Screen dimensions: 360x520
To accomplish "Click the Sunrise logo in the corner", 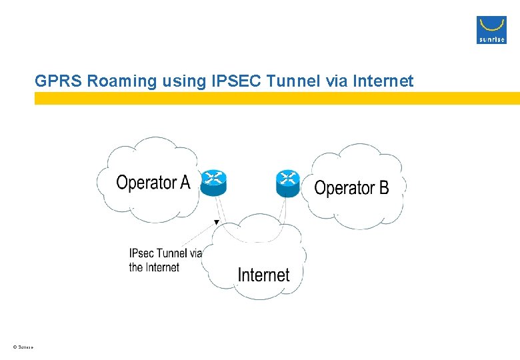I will (491, 30).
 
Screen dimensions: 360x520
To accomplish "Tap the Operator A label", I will (153, 182).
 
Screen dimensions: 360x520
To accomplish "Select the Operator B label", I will (351, 188).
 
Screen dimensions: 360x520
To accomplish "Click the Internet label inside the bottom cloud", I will (263, 275).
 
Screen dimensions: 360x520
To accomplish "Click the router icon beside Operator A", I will (214, 182).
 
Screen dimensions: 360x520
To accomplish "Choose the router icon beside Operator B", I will (288, 182).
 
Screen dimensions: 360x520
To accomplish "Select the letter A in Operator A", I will (185, 182).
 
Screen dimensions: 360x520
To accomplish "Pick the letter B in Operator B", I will (383, 188).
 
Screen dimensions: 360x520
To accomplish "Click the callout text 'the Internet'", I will (154, 267).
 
